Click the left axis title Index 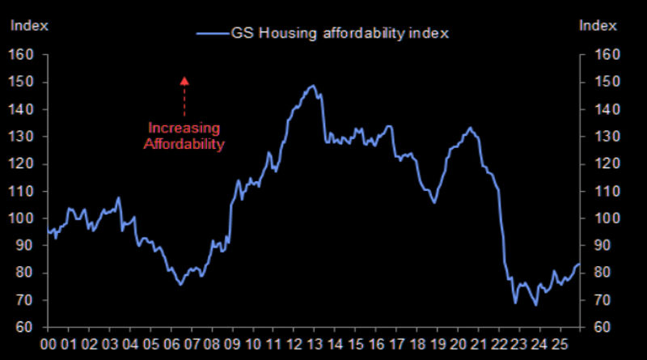(28, 26)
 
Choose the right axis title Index (598, 26)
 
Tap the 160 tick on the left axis (19, 55)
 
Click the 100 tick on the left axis (19, 218)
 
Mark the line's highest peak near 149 (312, 85)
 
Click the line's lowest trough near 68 (535, 305)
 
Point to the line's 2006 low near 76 (180, 284)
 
